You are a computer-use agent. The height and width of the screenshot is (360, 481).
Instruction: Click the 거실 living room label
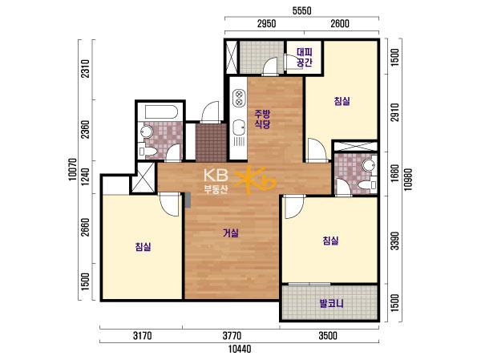click(231, 233)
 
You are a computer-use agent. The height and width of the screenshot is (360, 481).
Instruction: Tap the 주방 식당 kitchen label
click(262, 119)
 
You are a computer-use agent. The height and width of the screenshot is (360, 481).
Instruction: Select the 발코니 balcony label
click(332, 304)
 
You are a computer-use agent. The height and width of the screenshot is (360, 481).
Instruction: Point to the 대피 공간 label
click(305, 57)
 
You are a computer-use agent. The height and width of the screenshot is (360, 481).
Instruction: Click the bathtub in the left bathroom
click(161, 112)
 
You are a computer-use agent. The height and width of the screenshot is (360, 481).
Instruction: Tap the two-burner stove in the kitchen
click(239, 98)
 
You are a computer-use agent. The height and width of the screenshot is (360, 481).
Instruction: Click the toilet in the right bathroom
click(367, 185)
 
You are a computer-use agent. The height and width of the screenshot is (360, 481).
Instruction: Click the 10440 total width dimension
click(240, 349)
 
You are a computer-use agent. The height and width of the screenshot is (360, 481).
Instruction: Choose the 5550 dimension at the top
click(302, 11)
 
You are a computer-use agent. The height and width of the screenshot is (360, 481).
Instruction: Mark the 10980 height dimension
click(408, 180)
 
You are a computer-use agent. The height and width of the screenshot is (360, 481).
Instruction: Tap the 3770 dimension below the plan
click(232, 336)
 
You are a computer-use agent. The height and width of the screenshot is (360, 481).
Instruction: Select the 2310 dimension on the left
click(86, 68)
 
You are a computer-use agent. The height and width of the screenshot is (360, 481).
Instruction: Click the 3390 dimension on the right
click(396, 241)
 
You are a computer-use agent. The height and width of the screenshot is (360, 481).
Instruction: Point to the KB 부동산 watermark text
click(216, 181)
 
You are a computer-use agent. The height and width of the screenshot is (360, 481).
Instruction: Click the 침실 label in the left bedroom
click(143, 246)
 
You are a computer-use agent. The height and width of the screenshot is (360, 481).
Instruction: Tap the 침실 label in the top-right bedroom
click(342, 101)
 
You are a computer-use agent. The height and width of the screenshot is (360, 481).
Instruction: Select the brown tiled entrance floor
click(211, 142)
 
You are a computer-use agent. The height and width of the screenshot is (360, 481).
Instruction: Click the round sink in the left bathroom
click(147, 132)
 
